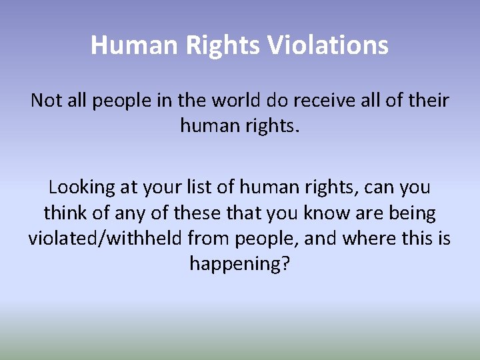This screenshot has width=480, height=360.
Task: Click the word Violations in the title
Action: pyautogui.click(x=328, y=45)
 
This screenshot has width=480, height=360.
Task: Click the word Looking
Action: pyautogui.click(x=82, y=188)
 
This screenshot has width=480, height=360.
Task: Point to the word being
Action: pyautogui.click(x=413, y=213)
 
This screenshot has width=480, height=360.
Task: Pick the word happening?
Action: pyautogui.click(x=240, y=264)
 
